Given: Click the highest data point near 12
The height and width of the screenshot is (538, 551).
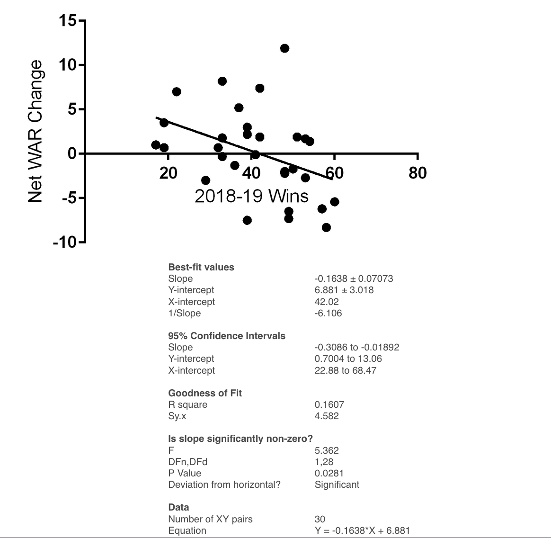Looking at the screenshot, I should pos(284,48).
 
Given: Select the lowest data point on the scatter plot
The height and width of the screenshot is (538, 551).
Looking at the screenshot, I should pos(326,227).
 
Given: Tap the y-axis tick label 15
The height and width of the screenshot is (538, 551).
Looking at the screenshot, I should pos(68,21).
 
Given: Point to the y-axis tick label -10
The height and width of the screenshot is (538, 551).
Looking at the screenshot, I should pos(65,242).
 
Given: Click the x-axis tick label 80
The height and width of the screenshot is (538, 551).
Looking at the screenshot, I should pos(418,173).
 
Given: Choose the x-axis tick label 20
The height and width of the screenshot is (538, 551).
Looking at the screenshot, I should pos(168,173).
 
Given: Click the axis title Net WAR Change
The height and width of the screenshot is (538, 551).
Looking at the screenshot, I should pos(36,131).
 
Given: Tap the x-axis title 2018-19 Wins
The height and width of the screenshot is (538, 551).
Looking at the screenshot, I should pos(251,196).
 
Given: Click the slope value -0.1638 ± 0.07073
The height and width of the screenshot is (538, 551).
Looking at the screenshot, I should pos(354,278).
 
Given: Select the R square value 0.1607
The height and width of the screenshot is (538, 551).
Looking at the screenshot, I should pos(329,404).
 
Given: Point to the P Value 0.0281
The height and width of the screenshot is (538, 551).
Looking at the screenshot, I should pos(329,473).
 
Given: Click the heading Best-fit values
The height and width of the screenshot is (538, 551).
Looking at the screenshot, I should pos(201,267).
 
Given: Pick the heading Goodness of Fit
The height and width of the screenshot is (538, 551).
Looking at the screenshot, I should pos(205,393).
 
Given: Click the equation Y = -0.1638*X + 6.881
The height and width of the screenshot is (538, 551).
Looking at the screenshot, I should pos(362,530).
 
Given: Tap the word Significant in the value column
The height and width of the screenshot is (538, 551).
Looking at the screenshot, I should pos(337,484).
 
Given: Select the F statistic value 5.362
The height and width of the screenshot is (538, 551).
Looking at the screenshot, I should pos(327,450).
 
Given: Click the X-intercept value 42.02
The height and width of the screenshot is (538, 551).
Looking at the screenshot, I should pos(327,302).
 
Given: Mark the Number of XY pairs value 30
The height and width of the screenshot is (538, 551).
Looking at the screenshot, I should pos(320,519).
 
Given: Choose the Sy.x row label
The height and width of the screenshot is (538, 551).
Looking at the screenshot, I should pos(177,416).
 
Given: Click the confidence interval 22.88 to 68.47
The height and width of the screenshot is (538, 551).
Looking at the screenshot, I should pos(345,370).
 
